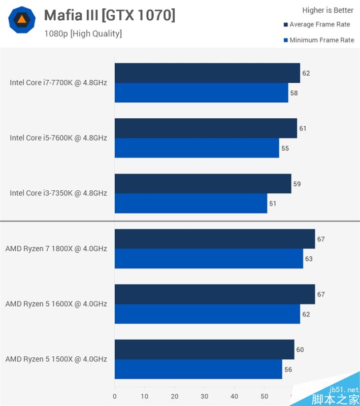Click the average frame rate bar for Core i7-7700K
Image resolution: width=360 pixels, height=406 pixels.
(207, 73)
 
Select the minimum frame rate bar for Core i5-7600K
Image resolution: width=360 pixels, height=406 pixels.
(197, 148)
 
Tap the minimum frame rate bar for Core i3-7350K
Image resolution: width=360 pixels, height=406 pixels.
(191, 204)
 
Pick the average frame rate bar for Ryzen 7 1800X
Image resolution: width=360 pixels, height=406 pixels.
(215, 239)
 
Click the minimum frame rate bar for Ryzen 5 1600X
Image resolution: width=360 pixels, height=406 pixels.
(207, 314)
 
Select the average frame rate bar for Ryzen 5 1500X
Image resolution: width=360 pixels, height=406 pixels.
(205, 350)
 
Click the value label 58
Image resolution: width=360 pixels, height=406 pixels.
(294, 93)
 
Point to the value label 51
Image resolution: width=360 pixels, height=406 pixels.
(273, 204)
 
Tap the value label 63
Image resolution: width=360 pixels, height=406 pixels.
(309, 259)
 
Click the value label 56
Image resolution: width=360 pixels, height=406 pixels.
(288, 369)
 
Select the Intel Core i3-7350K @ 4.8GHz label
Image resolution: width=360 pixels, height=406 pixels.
(58, 193)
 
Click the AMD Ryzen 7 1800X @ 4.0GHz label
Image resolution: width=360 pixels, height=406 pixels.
(56, 249)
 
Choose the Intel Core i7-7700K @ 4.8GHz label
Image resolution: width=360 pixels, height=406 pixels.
(58, 82)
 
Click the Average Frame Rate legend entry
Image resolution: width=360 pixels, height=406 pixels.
(319, 24)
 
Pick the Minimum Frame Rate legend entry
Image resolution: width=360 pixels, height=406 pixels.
(321, 40)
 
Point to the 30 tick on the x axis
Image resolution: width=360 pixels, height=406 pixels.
(205, 396)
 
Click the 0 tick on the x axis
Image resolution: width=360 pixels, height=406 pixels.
(115, 396)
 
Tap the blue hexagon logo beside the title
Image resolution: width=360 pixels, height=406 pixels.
(22, 20)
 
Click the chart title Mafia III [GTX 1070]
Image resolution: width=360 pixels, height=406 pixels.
(110, 15)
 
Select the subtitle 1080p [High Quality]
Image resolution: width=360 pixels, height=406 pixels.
(83, 34)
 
